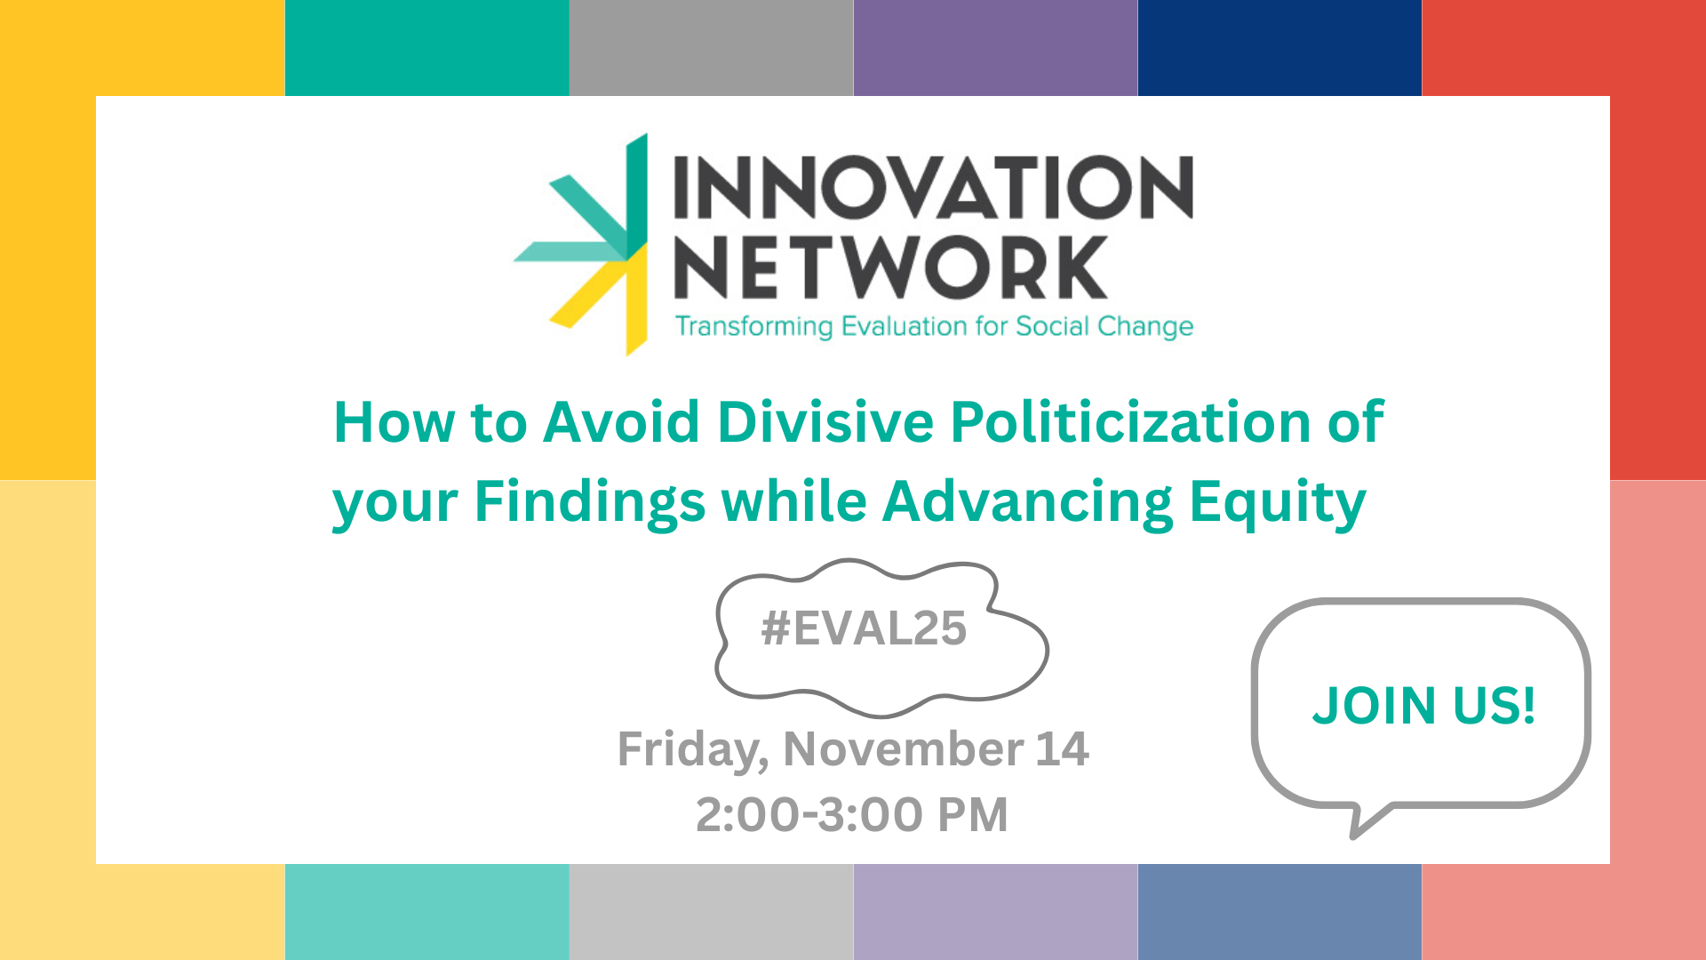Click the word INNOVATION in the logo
click(933, 187)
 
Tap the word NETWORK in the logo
click(891, 267)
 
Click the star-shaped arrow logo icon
click(582, 244)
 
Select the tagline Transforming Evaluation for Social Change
click(934, 326)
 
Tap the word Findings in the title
click(590, 502)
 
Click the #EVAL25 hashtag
click(864, 628)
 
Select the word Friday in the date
click(694, 749)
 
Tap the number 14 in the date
click(1063, 748)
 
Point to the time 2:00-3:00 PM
click(852, 814)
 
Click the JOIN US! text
click(1424, 706)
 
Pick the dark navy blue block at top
click(1279, 48)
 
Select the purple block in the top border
click(995, 48)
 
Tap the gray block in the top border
click(711, 48)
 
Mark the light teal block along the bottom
click(426, 912)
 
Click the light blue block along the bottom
click(1279, 912)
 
